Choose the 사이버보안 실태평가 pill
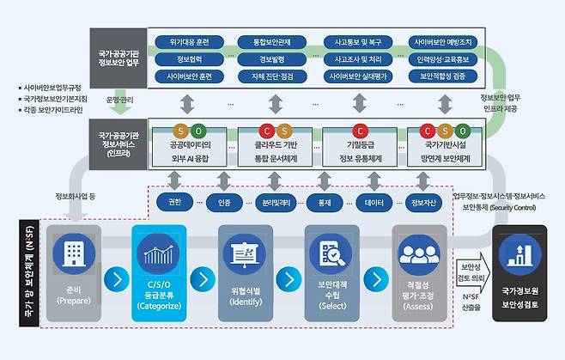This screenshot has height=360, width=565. pos(359,77)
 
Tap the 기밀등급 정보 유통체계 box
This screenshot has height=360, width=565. pos(360,147)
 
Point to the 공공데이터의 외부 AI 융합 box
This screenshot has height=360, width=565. pos(191,147)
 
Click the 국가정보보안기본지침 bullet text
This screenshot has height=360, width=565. pos(55,99)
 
